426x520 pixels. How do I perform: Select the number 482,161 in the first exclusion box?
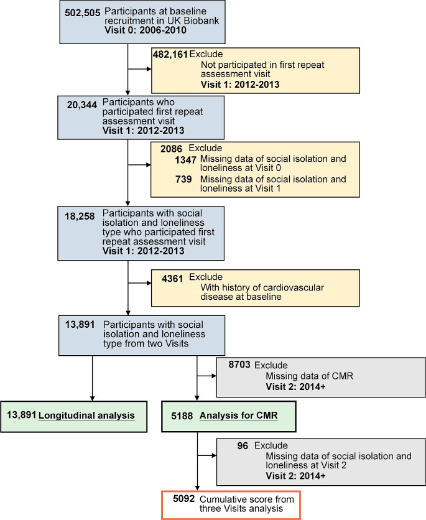coord(170,54)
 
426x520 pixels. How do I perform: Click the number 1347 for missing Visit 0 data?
coord(185,160)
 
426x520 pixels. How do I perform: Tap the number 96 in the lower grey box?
coord(244,446)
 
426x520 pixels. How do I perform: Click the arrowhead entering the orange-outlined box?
coord(197,488)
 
